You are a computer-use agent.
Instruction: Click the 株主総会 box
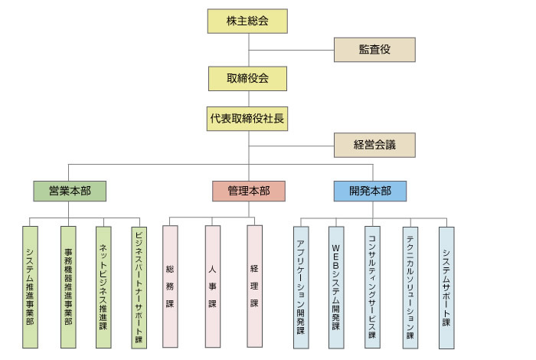(247, 21)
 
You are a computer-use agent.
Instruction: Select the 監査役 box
(374, 49)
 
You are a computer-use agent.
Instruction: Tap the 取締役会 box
(247, 78)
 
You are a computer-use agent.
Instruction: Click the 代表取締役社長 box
(247, 119)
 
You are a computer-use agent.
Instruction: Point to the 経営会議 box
(374, 145)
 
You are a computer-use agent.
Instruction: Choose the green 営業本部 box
(70, 191)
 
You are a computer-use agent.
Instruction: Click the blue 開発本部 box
(370, 191)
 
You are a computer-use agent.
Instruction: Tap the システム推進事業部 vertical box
(30, 287)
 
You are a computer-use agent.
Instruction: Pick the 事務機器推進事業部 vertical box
(68, 287)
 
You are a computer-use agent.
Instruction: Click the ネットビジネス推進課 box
(103, 287)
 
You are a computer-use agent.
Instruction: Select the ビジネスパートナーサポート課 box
(139, 287)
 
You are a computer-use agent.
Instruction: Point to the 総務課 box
(170, 287)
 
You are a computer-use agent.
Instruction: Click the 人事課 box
(212, 287)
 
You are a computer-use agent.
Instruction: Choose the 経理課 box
(254, 287)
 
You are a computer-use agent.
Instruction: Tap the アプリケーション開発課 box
(301, 287)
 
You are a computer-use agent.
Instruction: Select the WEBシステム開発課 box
(335, 287)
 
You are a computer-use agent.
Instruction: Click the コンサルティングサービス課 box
(372, 287)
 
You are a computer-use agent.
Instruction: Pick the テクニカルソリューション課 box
(410, 287)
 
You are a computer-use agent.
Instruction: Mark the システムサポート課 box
(446, 287)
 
